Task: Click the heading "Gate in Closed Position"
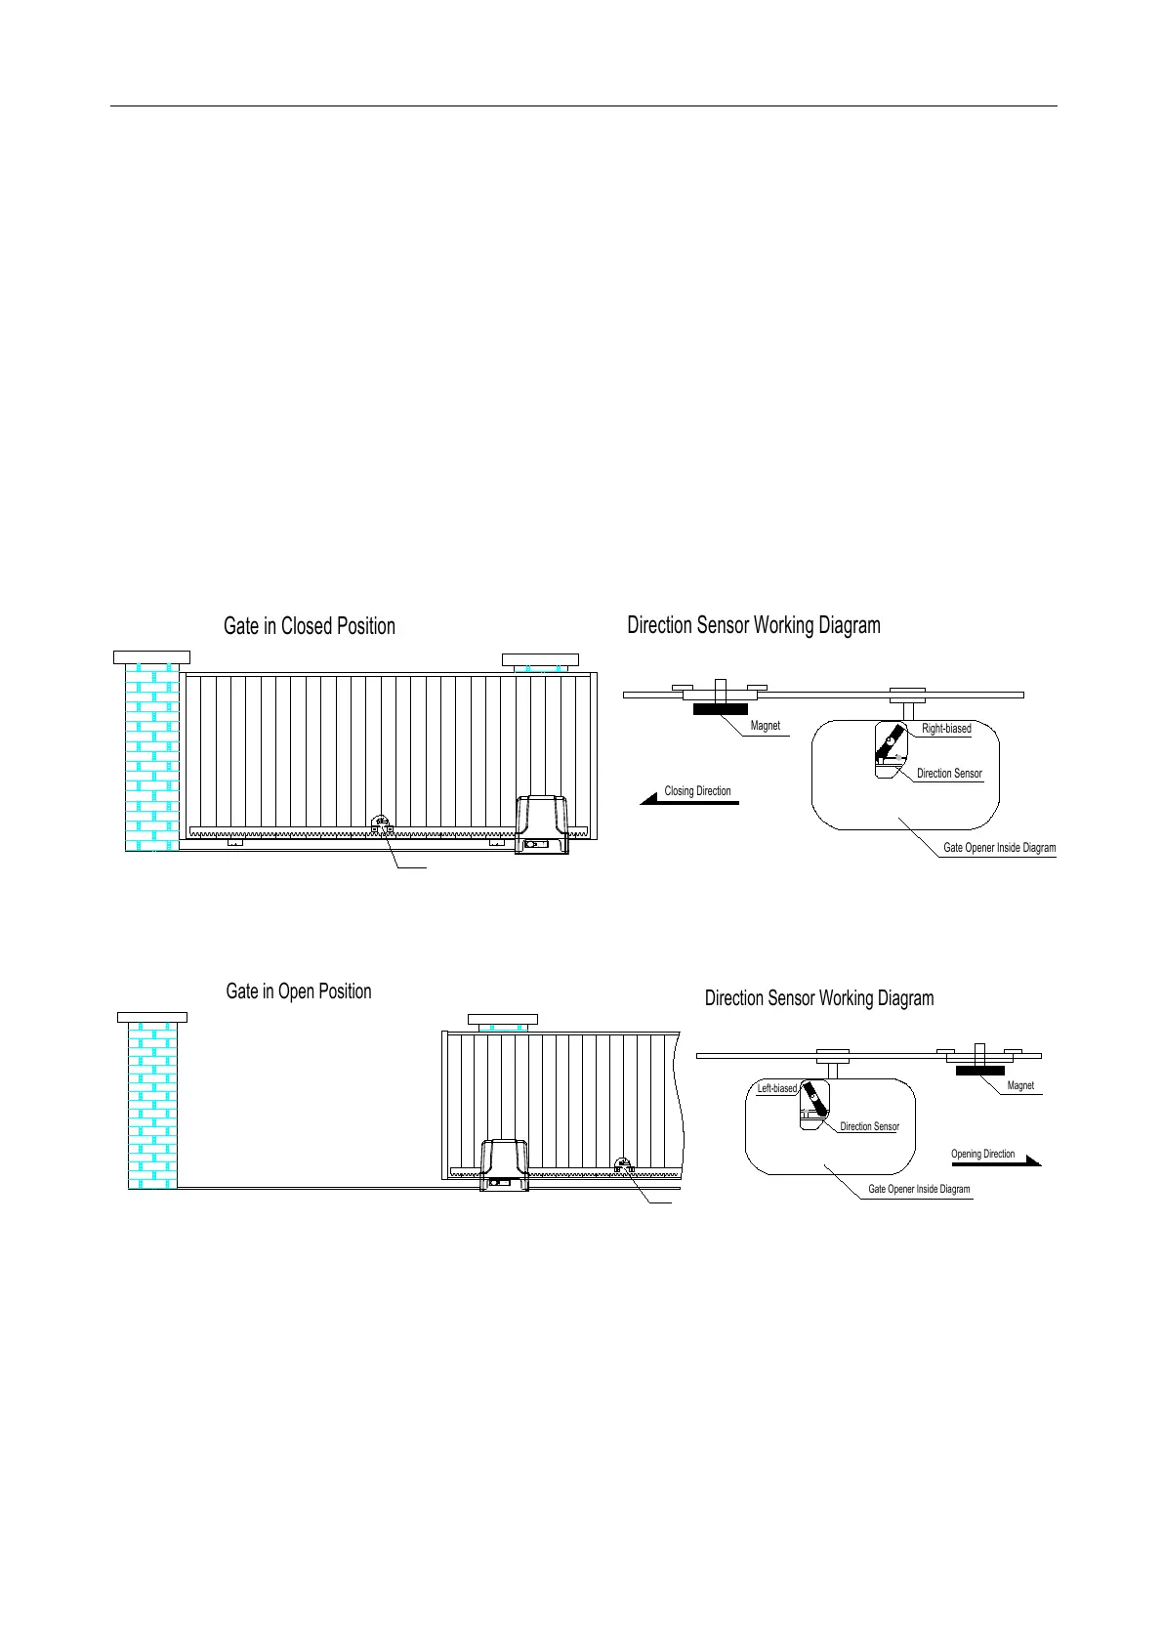[x=309, y=626]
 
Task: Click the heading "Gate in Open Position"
[x=299, y=991]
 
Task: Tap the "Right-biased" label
[x=946, y=729]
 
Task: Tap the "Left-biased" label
[x=777, y=1088]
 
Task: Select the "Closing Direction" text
[x=697, y=791]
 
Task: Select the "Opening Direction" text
[x=982, y=1154]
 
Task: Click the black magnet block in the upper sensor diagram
[x=721, y=709]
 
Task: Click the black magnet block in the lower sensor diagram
[x=980, y=1071]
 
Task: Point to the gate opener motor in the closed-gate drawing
[x=542, y=825]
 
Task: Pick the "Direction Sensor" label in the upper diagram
[x=949, y=774]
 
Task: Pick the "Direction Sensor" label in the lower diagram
[x=869, y=1126]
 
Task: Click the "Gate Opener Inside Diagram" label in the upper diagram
[x=999, y=848]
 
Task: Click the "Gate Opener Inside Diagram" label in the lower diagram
[x=919, y=1189]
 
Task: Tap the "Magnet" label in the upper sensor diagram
[x=766, y=726]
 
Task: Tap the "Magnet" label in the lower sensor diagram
[x=1020, y=1085]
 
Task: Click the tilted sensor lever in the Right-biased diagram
[x=888, y=747]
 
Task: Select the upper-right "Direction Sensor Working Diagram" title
[x=753, y=625]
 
